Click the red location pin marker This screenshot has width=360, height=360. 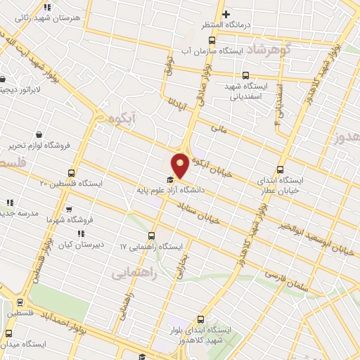click(180, 165)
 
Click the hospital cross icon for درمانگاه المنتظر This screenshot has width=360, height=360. click(226, 14)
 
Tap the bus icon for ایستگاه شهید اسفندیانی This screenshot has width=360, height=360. click(245, 75)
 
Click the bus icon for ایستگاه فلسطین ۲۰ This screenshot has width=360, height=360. click(71, 173)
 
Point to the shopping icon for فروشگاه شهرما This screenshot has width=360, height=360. click(68, 210)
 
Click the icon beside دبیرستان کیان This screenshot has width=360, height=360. click(81, 233)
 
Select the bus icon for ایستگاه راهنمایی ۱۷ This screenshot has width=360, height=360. click(152, 236)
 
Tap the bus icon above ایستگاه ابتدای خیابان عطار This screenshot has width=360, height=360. click(281, 169)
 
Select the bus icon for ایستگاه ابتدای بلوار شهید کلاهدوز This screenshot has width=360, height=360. click(200, 319)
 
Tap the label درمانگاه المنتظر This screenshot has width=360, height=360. click(205, 25)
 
